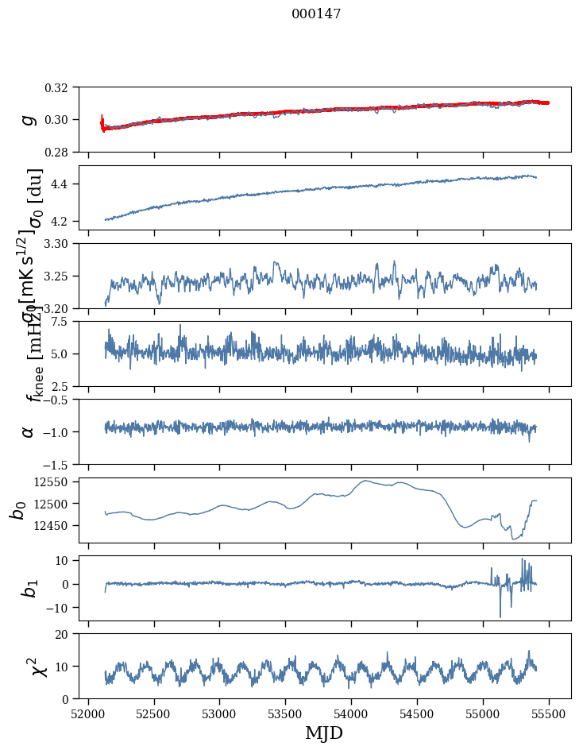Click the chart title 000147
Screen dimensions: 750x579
[x=316, y=14]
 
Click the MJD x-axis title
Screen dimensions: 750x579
[x=324, y=733]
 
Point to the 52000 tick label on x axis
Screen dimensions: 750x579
[x=88, y=713]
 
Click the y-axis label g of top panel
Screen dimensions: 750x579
[x=29, y=119]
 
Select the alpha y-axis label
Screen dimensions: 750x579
[x=29, y=431]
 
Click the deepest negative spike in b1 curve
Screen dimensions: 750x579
[x=500, y=617]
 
